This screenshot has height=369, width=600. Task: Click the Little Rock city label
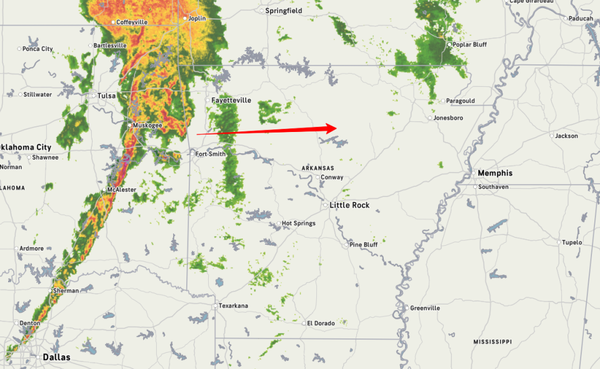(349, 205)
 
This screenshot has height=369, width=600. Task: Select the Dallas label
(56, 358)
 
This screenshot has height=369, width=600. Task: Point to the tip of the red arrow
(337, 128)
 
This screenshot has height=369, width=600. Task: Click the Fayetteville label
(231, 100)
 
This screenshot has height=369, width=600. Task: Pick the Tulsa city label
(106, 96)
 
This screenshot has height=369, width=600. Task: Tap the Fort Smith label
(210, 154)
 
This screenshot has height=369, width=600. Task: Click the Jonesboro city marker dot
(430, 118)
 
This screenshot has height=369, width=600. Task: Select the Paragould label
(461, 101)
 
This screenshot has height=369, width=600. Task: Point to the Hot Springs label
(299, 223)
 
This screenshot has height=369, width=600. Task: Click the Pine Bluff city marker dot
(345, 245)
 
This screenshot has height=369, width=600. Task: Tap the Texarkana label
(233, 306)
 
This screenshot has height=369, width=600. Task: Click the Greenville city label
(425, 308)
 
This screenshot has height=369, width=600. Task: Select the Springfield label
(284, 11)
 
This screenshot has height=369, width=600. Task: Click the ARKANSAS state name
(317, 168)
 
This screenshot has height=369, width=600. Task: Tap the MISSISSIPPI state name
(492, 342)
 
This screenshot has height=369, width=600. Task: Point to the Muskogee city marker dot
(129, 126)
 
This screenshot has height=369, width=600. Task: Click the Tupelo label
(572, 243)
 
